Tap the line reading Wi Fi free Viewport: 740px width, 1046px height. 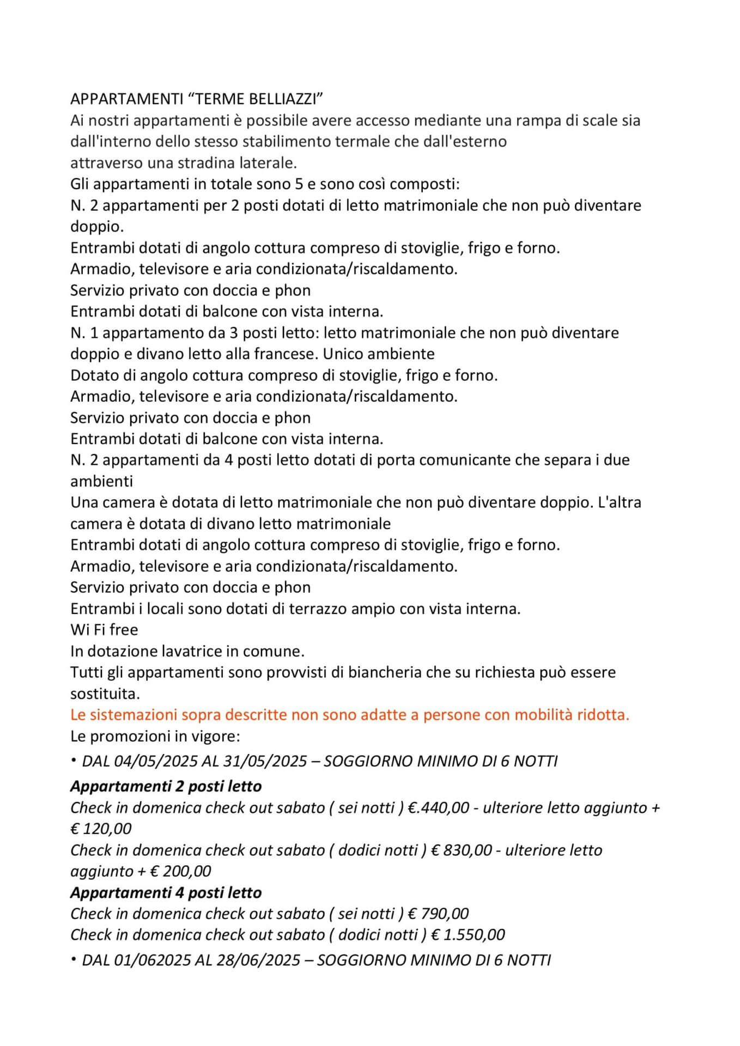(104, 630)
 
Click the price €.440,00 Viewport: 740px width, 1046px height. (438, 807)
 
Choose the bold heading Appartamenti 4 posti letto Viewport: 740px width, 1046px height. (166, 893)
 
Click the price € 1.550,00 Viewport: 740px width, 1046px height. (468, 935)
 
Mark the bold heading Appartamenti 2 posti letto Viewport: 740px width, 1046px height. (166, 786)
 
